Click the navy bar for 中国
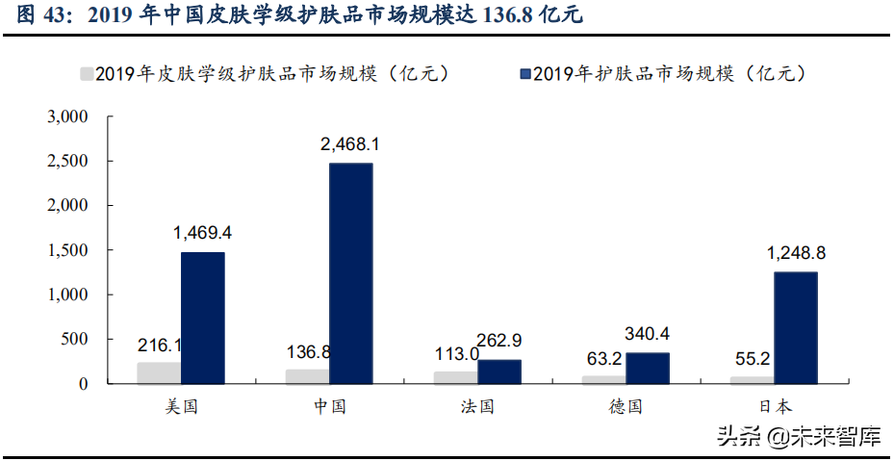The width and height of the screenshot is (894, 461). (350, 273)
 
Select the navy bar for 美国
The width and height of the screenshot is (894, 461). (202, 318)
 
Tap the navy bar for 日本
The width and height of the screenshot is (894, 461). (795, 327)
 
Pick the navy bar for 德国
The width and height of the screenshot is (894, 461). (647, 368)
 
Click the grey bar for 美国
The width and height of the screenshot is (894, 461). (159, 372)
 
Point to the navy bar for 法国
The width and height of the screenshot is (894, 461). (498, 371)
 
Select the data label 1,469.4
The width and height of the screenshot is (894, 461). (203, 233)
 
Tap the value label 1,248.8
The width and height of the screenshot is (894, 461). (796, 253)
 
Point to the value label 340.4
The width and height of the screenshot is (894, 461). (647, 335)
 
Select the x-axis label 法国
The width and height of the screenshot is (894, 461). (476, 406)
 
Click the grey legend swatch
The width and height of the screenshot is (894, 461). (87, 73)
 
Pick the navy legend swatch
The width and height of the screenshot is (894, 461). (524, 73)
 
